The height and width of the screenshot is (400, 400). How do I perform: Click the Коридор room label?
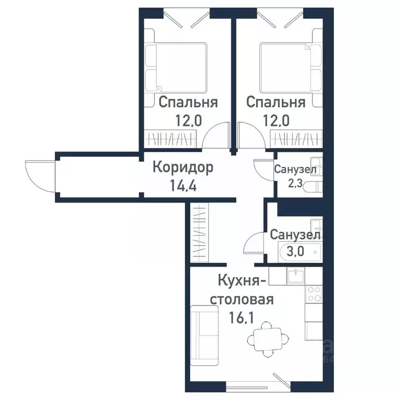pyautogui.click(x=183, y=168)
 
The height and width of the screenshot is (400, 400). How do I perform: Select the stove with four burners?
pyautogui.click(x=314, y=294)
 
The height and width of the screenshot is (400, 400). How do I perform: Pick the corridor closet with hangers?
pyautogui.click(x=198, y=232)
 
